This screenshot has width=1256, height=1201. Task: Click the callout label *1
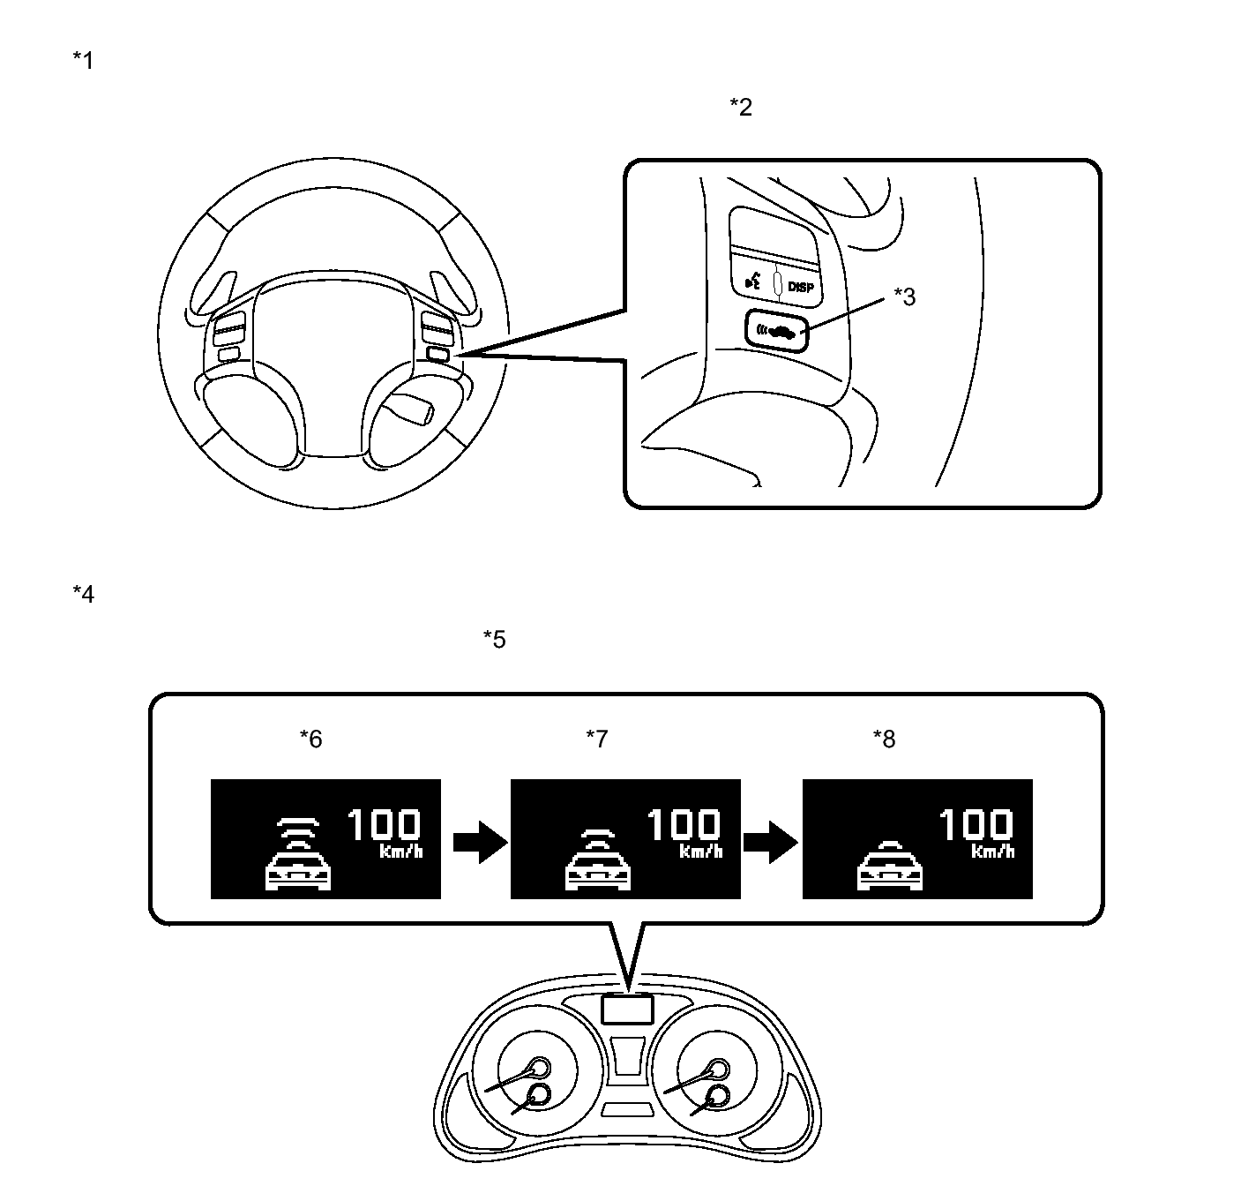point(83,61)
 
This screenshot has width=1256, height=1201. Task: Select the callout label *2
point(741,107)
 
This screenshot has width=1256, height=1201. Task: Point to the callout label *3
point(904,297)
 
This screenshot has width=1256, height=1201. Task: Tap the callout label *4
point(83,594)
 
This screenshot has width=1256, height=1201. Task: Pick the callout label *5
point(495,640)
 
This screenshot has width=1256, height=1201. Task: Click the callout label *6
point(310,739)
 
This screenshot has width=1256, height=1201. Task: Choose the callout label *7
point(597,739)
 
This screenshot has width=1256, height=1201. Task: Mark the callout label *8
point(885,739)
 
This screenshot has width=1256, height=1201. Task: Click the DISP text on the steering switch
point(801,288)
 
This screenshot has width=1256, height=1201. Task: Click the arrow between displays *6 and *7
point(480,842)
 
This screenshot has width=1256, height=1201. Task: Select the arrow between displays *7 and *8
point(771,842)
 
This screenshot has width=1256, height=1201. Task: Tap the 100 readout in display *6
point(384,824)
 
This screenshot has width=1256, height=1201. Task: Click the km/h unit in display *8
point(992,852)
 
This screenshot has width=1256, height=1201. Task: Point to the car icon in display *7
point(598,869)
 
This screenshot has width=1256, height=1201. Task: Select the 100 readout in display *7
point(684,824)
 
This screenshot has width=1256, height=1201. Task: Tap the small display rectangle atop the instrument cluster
point(627,1010)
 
